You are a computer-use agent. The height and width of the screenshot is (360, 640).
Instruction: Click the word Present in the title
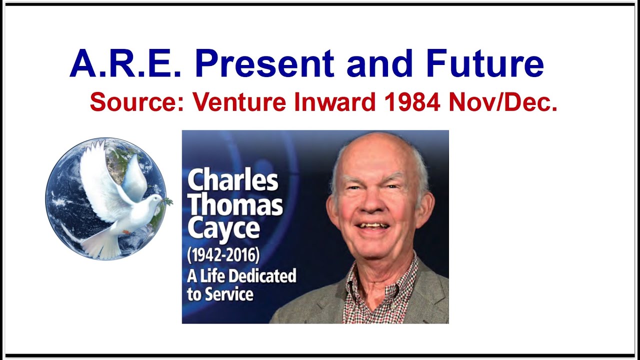pyautogui.click(x=264, y=64)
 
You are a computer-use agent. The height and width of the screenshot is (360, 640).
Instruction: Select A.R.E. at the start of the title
pyautogui.click(x=125, y=64)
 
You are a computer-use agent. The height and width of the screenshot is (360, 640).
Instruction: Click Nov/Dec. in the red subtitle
pyautogui.click(x=502, y=102)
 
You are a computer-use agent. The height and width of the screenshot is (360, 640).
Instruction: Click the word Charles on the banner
pyautogui.click(x=232, y=180)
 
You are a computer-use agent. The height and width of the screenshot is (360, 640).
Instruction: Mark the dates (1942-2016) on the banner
pyautogui.click(x=223, y=255)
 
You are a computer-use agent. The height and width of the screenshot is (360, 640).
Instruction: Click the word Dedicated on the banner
pyautogui.click(x=264, y=275)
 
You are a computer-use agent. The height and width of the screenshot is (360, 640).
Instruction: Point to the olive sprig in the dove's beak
pyautogui.click(x=167, y=202)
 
